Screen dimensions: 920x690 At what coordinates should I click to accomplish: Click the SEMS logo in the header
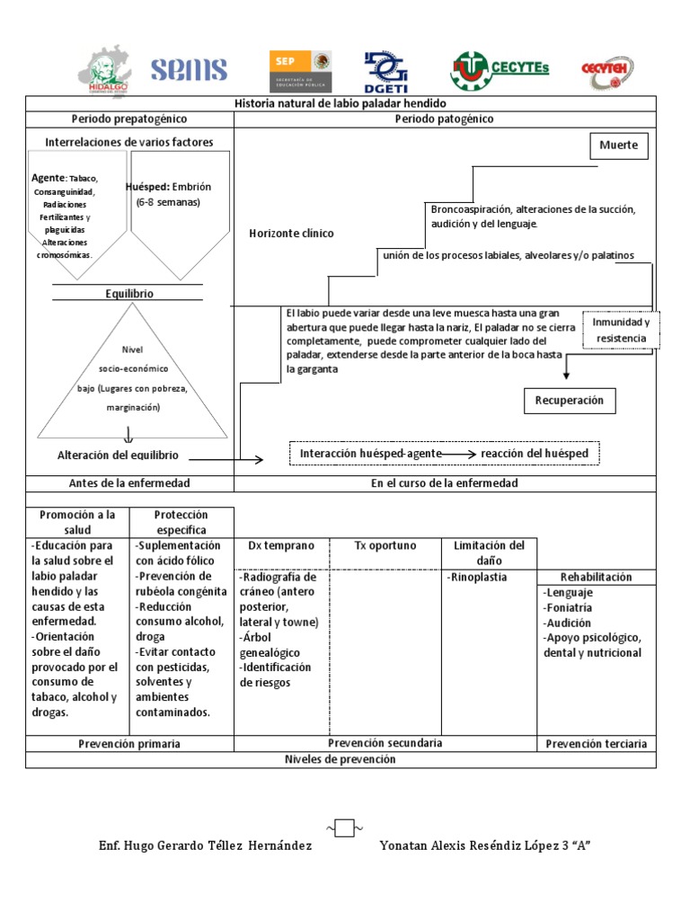(189, 70)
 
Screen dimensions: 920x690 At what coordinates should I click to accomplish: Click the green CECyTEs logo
(499, 70)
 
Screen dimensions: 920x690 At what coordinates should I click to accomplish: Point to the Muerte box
(618, 145)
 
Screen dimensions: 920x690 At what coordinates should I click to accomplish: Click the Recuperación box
(570, 401)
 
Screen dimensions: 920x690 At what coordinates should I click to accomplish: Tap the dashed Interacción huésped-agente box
(444, 454)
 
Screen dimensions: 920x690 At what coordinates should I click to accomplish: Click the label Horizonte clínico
(291, 234)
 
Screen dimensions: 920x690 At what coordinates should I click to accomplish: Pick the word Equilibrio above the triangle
(129, 294)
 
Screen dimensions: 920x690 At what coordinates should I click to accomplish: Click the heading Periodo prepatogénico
(129, 119)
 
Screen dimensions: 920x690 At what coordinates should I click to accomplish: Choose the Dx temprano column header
(281, 545)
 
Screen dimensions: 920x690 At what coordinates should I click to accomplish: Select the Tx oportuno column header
(385, 545)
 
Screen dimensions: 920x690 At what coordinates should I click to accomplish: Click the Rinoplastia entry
(479, 578)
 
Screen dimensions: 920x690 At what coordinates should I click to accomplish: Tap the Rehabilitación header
(596, 577)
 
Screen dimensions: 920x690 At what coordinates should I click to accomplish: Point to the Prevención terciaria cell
(596, 744)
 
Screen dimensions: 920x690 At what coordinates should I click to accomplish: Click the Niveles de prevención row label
(340, 759)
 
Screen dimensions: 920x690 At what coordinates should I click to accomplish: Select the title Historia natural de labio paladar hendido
(340, 104)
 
